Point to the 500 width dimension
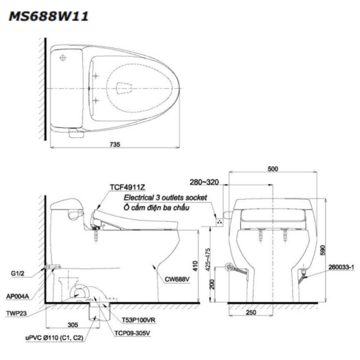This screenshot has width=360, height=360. tap(272, 169)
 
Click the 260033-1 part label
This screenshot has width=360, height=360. tap(343, 267)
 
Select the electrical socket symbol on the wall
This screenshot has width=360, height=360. tap(220, 221)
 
